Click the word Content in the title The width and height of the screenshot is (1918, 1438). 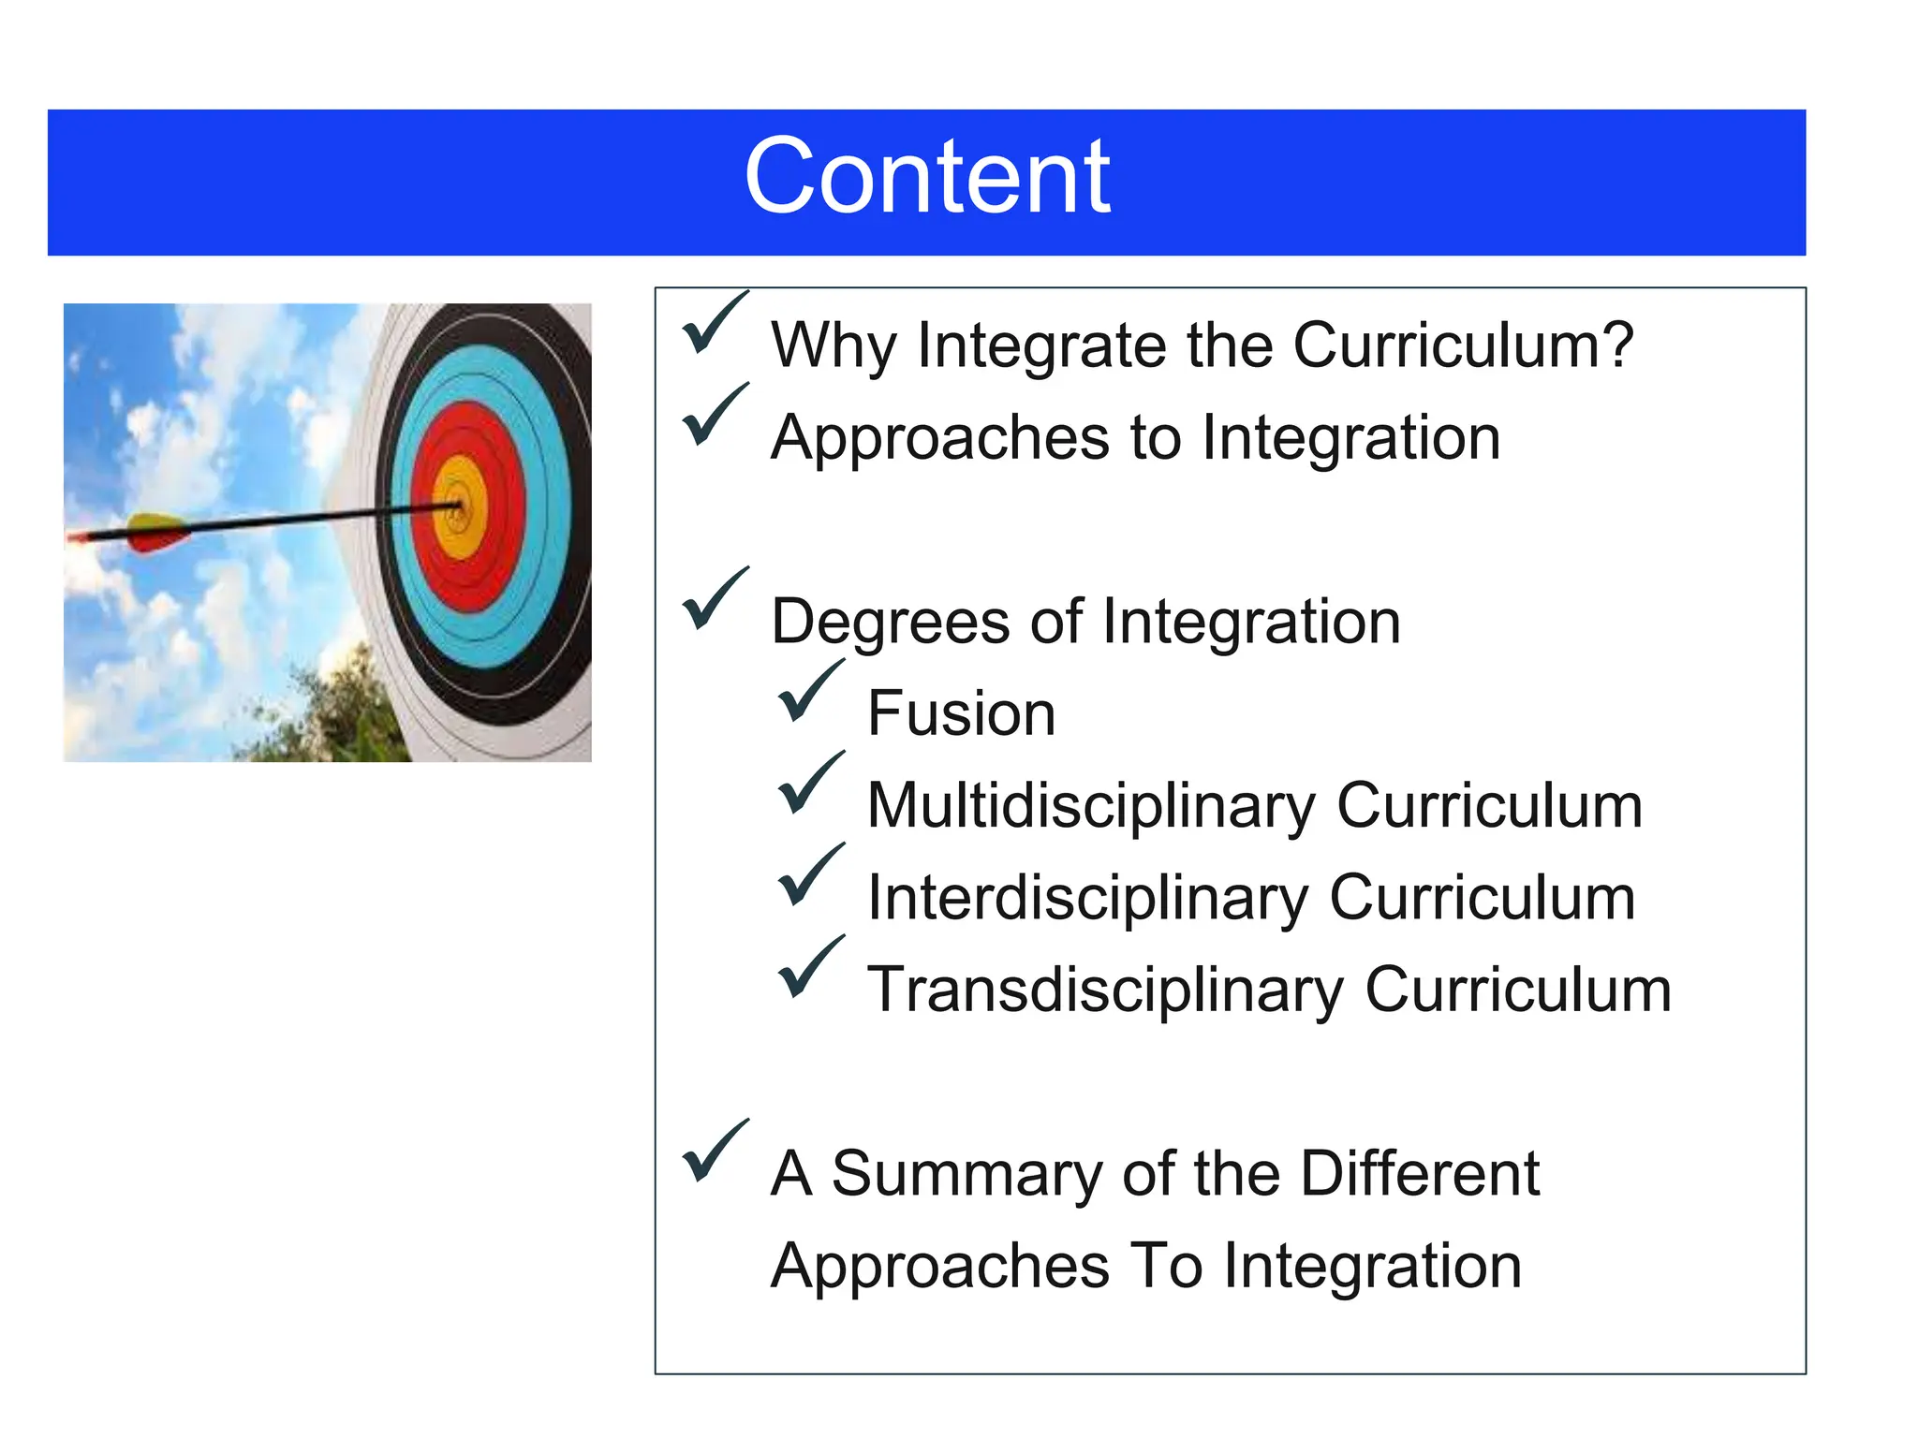pos(926,177)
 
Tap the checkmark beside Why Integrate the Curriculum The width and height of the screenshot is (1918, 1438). pos(714,325)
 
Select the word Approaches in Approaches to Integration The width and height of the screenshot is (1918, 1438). pos(939,438)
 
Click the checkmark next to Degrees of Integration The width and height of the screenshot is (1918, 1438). pos(714,601)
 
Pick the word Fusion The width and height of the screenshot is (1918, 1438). pos(961,713)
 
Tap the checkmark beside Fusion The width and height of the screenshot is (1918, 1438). pos(810,693)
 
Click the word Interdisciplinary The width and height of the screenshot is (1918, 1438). pos(1086,898)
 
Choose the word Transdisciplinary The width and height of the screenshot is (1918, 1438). pos(1104,990)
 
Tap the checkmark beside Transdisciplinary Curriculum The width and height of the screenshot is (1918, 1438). pos(810,968)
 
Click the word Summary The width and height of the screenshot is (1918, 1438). pos(966,1174)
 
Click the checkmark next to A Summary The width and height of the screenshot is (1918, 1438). pos(714,1152)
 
